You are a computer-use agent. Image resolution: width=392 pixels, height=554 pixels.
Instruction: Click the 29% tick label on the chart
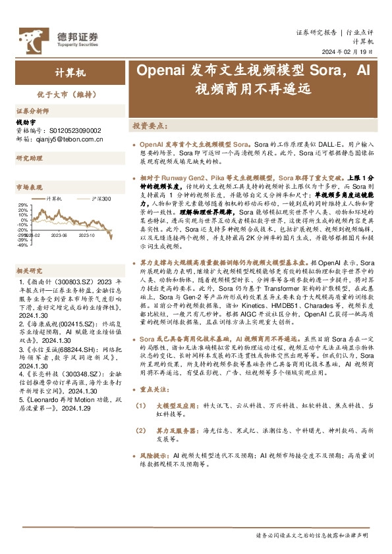pyautogui.click(x=23, y=205)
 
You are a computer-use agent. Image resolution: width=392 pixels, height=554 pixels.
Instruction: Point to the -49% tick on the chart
pyautogui.click(x=22, y=245)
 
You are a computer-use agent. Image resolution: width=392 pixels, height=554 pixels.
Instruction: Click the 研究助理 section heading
pyautogui.click(x=28, y=159)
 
